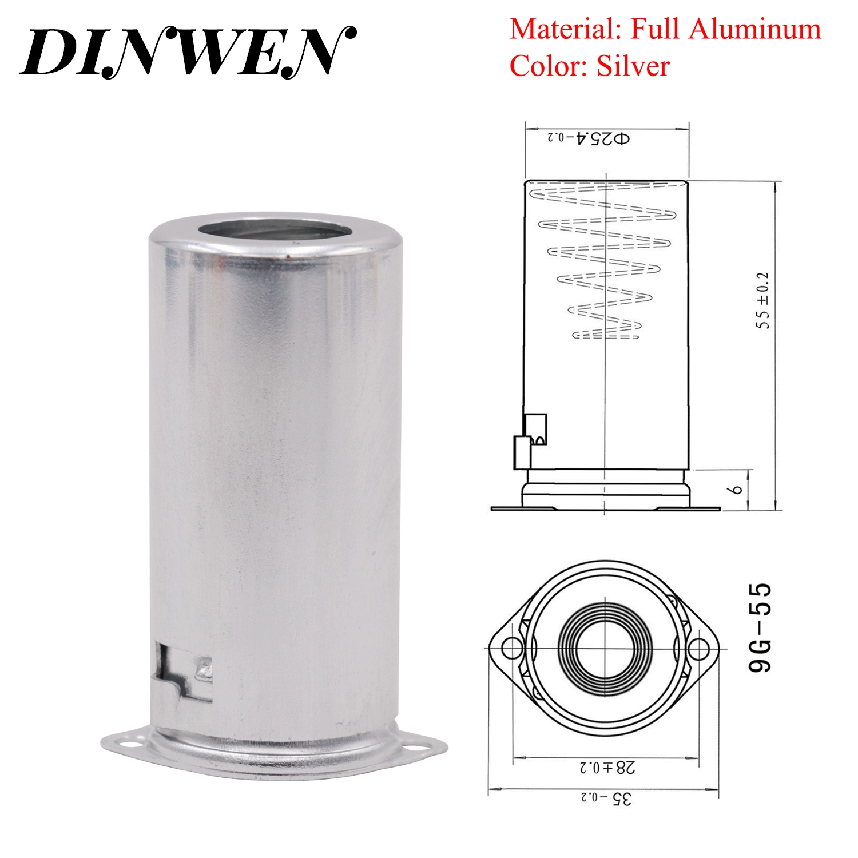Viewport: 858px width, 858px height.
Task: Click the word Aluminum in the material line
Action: pos(754,29)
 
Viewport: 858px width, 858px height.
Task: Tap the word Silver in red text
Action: pos(633,66)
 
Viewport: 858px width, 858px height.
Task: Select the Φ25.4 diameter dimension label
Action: pos(589,138)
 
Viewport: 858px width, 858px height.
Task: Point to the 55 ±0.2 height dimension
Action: pos(764,300)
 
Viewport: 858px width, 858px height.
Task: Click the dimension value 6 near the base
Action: pos(737,490)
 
